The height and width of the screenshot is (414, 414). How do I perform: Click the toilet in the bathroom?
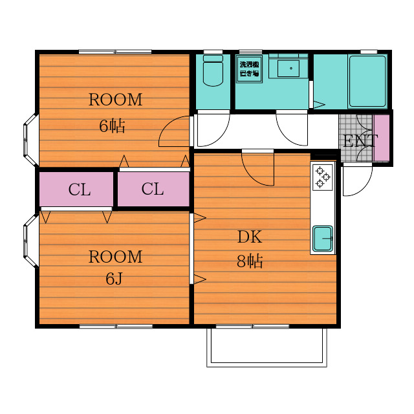[213, 71]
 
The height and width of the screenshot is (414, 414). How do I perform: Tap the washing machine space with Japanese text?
[249, 69]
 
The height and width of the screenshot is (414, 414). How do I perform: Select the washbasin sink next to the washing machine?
[289, 69]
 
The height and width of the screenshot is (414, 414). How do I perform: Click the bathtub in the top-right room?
[367, 81]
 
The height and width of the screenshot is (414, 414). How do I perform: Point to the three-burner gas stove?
[323, 177]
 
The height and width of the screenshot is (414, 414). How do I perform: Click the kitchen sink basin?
[323, 239]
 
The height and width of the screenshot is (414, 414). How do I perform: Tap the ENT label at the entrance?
[360, 141]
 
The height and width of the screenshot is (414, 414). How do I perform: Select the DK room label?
[250, 237]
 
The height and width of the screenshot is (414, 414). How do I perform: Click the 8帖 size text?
[250, 261]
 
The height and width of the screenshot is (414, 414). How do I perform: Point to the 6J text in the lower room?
[114, 278]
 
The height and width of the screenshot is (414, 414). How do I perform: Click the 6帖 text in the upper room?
[112, 126]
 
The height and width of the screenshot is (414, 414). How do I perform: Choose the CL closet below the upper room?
[153, 189]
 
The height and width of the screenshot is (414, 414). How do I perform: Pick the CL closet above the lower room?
[76, 189]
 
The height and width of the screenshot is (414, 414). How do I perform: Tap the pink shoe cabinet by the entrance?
[382, 138]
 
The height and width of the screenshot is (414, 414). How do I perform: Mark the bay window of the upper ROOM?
[31, 140]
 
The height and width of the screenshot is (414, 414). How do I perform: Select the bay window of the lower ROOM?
[31, 241]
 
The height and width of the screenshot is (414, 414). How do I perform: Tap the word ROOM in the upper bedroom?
[115, 100]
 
